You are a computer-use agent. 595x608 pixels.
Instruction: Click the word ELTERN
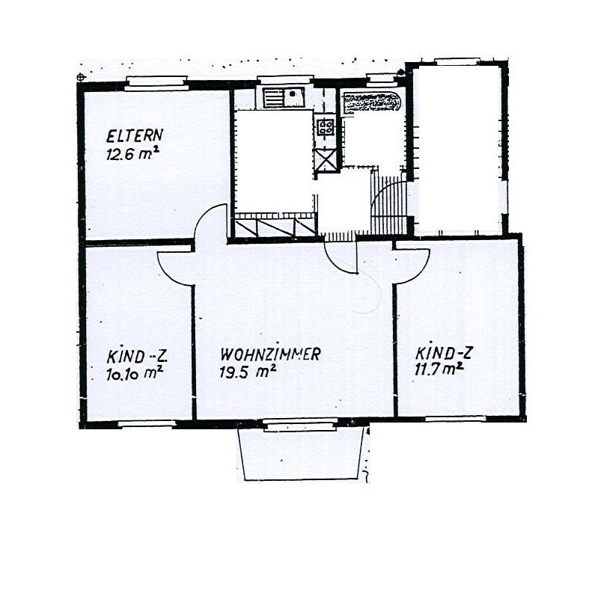(134, 135)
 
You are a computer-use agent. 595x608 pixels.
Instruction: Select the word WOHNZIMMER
(270, 354)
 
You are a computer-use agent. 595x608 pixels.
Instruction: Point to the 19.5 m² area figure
(248, 372)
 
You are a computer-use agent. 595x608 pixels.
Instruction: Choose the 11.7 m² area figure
(439, 369)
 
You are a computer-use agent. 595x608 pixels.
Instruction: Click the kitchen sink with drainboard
(284, 97)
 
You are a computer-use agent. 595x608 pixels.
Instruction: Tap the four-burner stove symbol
(326, 126)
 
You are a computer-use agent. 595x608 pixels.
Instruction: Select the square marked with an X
(326, 160)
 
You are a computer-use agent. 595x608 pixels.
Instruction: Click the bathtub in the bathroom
(372, 103)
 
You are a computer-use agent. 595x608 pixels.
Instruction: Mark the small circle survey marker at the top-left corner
(81, 77)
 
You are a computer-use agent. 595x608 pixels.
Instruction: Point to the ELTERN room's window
(156, 83)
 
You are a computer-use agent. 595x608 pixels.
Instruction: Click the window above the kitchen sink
(285, 80)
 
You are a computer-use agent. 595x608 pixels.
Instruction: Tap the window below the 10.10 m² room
(147, 424)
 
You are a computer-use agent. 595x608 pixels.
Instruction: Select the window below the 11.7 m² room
(455, 419)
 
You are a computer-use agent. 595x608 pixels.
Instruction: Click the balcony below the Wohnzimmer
(301, 455)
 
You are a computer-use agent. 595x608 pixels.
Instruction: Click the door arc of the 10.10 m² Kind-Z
(168, 274)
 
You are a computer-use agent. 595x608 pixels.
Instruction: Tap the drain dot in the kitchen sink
(292, 94)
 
